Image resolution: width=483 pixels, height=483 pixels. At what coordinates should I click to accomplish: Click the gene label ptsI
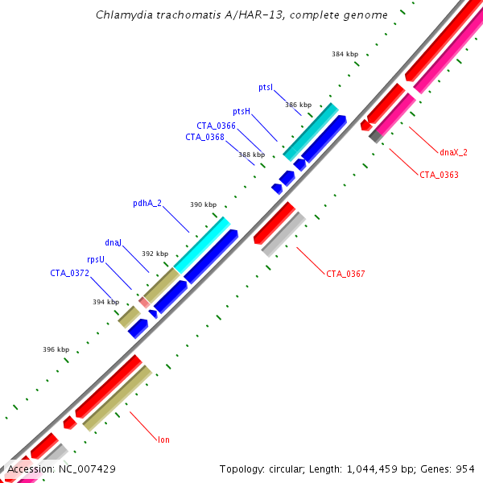(266, 87)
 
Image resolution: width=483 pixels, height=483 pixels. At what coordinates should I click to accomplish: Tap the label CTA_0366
(216, 126)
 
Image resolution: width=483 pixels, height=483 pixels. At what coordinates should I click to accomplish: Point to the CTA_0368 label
(204, 137)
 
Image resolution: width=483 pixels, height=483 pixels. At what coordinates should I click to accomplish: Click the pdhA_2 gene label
(147, 203)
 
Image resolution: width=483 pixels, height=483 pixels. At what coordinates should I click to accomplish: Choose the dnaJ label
(113, 242)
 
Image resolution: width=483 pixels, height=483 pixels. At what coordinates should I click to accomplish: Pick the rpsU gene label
(96, 260)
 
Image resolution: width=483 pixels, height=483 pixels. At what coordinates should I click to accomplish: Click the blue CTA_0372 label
(69, 273)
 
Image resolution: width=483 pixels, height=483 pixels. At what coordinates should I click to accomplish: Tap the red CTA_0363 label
(439, 174)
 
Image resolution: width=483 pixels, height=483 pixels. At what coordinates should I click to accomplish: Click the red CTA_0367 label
(345, 274)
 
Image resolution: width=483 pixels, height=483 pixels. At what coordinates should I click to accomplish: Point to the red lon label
(163, 440)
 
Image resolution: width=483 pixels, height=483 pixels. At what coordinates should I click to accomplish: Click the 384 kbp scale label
(344, 55)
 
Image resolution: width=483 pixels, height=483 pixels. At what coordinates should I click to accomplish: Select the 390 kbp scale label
(203, 204)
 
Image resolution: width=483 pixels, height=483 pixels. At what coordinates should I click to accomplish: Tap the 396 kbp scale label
(56, 349)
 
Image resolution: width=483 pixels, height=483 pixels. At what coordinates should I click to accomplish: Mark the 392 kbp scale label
(155, 254)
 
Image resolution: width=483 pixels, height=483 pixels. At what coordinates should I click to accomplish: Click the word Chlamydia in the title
(122, 15)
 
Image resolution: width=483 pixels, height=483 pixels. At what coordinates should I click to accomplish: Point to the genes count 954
(464, 469)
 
